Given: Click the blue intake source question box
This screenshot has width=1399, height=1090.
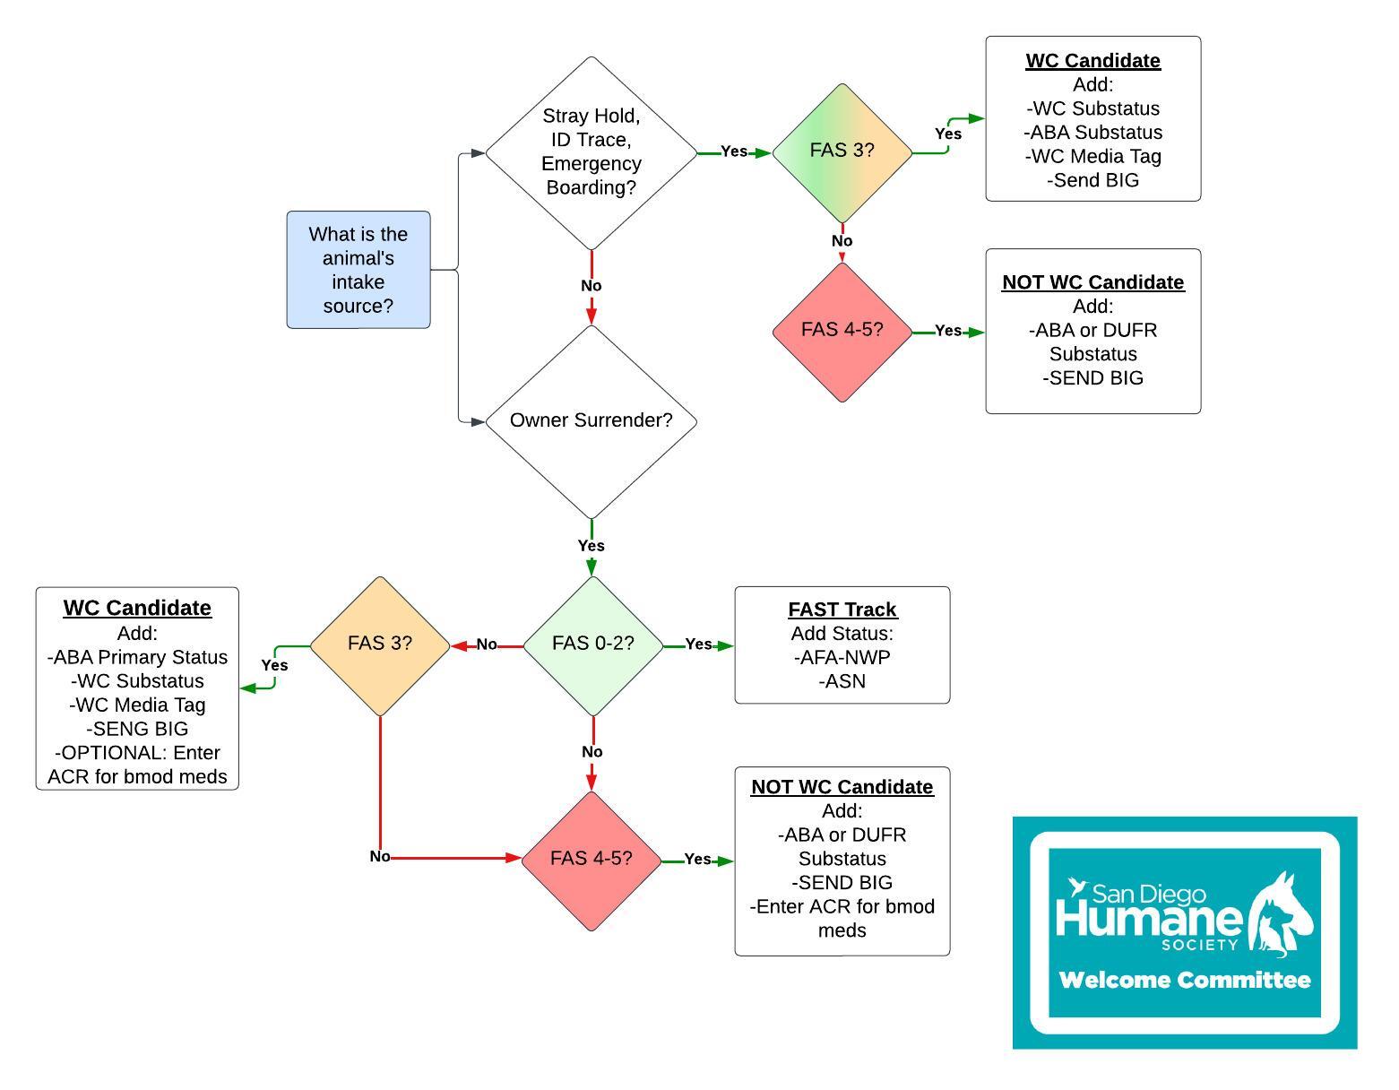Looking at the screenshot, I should click(358, 270).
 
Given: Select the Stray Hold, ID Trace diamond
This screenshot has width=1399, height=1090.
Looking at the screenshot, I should click(592, 152).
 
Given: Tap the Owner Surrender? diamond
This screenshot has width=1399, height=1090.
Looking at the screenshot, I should click(592, 420).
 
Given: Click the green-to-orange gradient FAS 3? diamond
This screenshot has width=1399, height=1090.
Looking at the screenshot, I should click(842, 151).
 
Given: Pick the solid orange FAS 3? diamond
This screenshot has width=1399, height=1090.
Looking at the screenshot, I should click(380, 644).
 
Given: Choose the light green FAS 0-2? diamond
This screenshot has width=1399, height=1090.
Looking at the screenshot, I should click(592, 644).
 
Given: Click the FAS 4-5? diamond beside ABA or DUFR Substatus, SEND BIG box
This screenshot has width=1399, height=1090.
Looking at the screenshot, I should click(842, 331).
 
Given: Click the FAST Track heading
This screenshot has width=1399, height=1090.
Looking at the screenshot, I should click(842, 610).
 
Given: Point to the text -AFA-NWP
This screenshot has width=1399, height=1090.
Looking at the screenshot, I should click(842, 658).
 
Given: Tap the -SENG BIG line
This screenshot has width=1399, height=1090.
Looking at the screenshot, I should click(137, 729).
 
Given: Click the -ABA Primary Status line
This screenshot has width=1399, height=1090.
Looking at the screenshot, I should click(137, 657).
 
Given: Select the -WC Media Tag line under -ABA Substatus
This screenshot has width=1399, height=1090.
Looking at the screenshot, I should click(1093, 156).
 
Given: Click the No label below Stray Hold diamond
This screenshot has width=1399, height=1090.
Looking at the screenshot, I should click(592, 286).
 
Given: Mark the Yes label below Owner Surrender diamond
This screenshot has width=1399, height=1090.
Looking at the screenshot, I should click(592, 546).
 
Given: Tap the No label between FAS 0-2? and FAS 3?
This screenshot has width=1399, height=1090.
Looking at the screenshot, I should click(487, 644).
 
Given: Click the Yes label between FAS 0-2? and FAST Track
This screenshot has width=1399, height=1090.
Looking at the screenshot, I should click(698, 644).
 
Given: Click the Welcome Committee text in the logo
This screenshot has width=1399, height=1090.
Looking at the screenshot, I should click(1184, 980).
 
